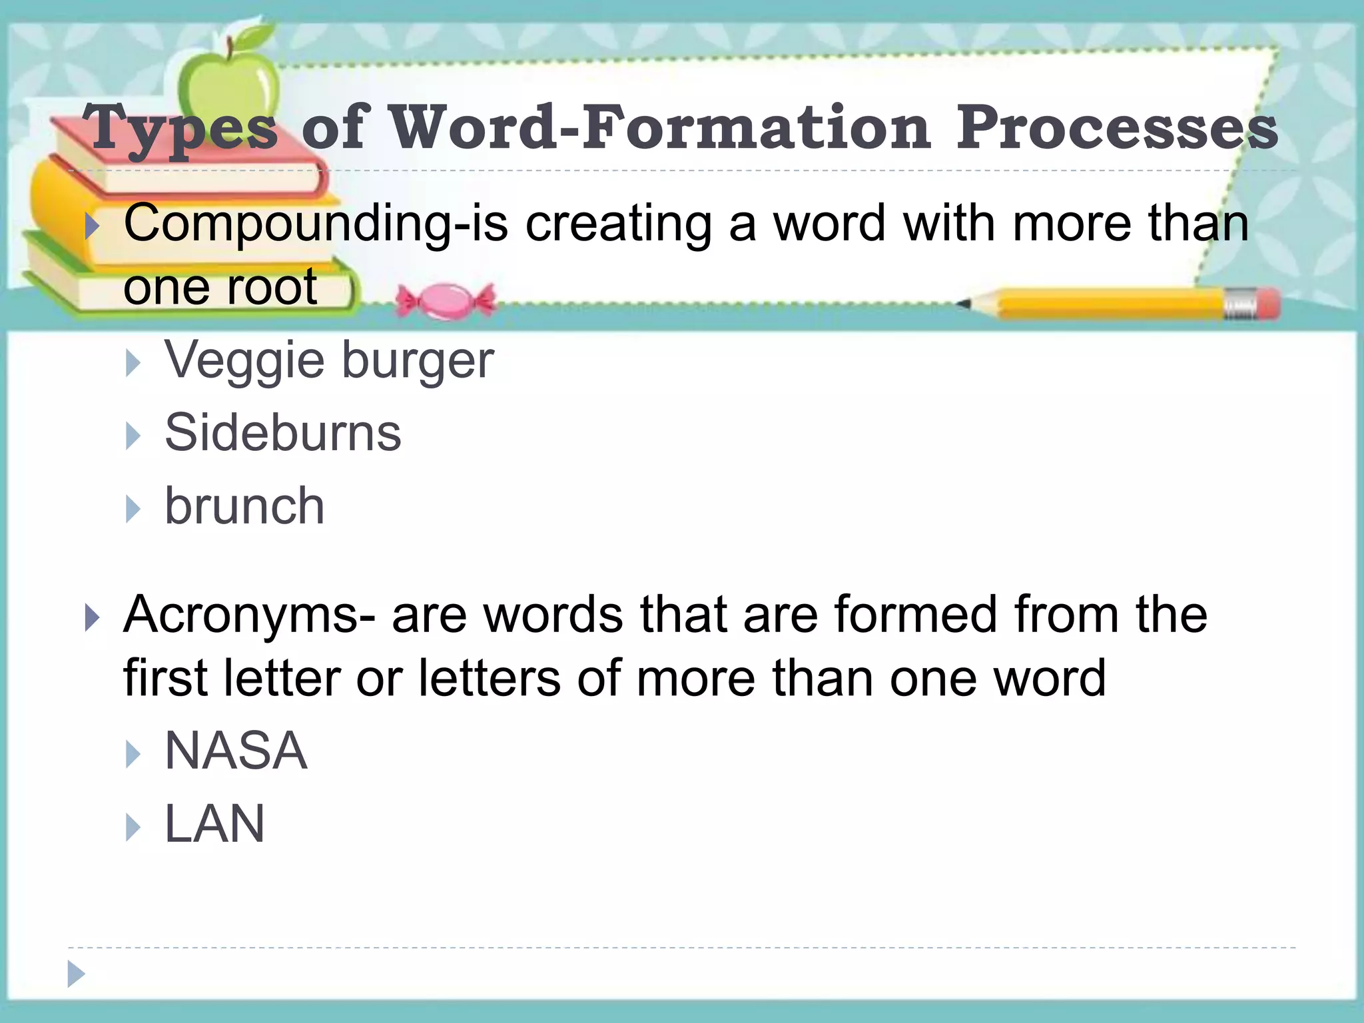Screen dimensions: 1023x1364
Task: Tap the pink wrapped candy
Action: click(446, 301)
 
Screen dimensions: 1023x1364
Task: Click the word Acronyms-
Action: click(249, 614)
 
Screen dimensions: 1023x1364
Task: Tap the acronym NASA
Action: click(236, 751)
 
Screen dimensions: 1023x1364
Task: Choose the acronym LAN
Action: click(214, 825)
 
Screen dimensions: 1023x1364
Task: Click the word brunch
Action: click(244, 506)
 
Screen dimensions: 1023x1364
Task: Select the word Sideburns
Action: click(283, 433)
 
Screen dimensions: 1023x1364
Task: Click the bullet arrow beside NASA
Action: click(134, 755)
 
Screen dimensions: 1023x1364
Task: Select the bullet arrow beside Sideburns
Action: click(134, 436)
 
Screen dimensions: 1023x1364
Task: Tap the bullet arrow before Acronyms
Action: click(93, 617)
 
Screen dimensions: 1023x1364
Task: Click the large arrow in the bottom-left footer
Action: click(77, 974)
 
